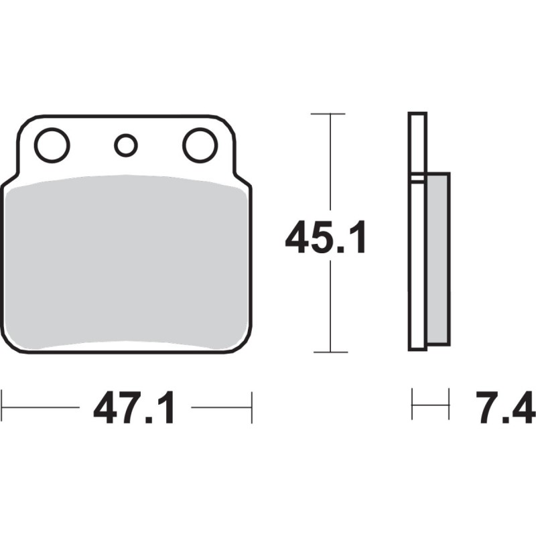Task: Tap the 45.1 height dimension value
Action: coord(326,237)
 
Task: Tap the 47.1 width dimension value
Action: coord(135,407)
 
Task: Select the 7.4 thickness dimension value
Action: coord(505,407)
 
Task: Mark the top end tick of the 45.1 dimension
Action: coord(328,113)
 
